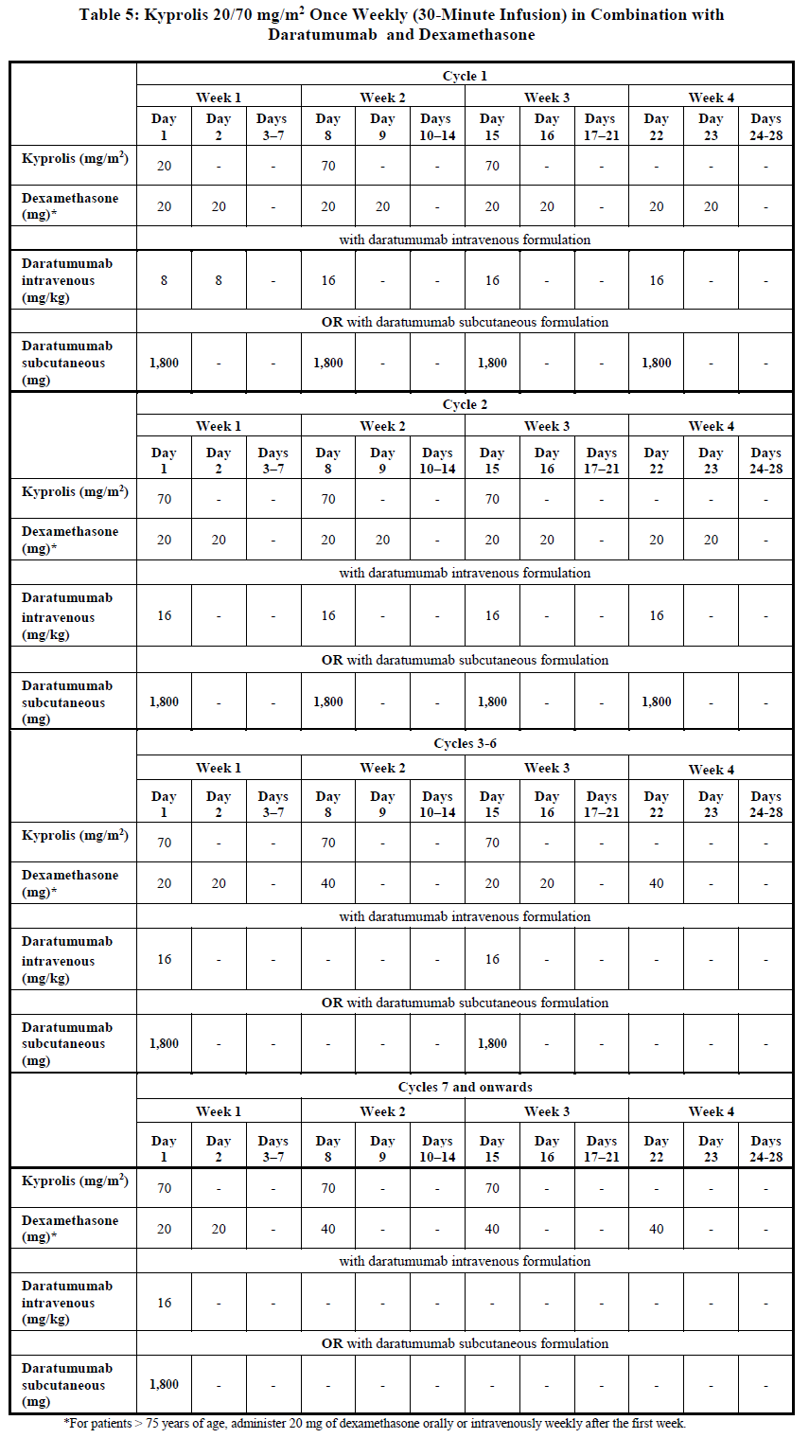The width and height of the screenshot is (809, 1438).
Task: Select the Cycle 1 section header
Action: coord(465,76)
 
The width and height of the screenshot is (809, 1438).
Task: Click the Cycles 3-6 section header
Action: coord(465,743)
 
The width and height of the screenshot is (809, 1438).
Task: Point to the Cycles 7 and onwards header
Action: coord(465,1087)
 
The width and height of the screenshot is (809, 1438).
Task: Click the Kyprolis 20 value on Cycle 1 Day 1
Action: coord(164,167)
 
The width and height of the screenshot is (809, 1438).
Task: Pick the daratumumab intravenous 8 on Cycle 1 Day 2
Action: coord(219,280)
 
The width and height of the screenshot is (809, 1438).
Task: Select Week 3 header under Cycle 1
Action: coord(547,98)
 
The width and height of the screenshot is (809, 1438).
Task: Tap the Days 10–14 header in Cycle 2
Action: coord(437,460)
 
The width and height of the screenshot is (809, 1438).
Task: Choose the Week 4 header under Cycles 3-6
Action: coord(711,769)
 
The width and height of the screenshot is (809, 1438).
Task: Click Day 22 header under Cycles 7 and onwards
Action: coord(656,1148)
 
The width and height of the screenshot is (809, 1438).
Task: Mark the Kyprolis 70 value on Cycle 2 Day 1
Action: coord(164,499)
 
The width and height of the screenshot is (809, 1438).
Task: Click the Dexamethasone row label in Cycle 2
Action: coord(70,540)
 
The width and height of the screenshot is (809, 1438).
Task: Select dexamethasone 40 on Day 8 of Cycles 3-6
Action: coord(328,883)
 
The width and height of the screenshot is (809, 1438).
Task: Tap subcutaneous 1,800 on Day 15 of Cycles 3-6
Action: coord(492,1043)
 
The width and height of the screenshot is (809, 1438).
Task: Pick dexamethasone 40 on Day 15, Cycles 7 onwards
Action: coord(492,1229)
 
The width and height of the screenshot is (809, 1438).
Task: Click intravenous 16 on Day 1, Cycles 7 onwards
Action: coord(164,1303)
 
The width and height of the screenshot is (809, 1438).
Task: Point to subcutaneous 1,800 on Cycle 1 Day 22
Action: coord(656,363)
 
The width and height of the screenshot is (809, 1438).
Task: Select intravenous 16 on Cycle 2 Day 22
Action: coord(656,615)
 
